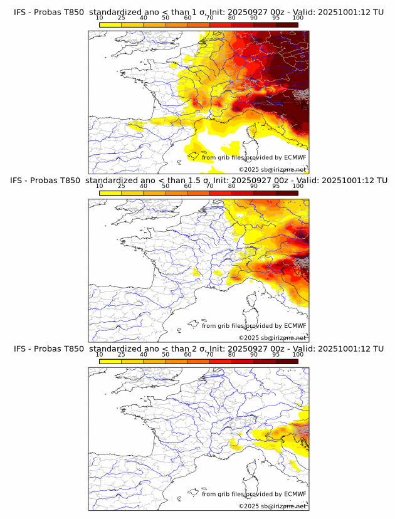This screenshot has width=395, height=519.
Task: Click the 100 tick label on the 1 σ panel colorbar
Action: tap(298, 18)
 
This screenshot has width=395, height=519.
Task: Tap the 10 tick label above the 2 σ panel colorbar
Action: tap(100, 355)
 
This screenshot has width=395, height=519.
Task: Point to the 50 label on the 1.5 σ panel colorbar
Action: tap(166, 186)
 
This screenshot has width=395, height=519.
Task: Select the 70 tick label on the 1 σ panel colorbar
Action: tap(209, 18)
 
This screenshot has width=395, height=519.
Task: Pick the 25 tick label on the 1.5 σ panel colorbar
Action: tap(122, 186)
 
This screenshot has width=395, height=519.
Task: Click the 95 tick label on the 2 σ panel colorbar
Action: tap(276, 355)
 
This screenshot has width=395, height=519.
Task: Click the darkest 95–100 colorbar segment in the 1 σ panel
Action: tap(287, 24)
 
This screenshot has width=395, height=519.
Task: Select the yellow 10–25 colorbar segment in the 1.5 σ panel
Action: tap(110, 192)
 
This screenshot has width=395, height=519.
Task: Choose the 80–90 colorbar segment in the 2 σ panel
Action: tap(243, 362)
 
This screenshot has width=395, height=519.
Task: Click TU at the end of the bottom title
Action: tap(378, 349)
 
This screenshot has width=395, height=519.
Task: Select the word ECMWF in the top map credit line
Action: tap(295, 157)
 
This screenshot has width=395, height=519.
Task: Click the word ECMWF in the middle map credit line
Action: tap(295, 325)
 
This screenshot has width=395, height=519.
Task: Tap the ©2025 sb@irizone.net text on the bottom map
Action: tap(272, 506)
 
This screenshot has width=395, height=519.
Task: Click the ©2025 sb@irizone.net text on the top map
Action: tap(272, 169)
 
